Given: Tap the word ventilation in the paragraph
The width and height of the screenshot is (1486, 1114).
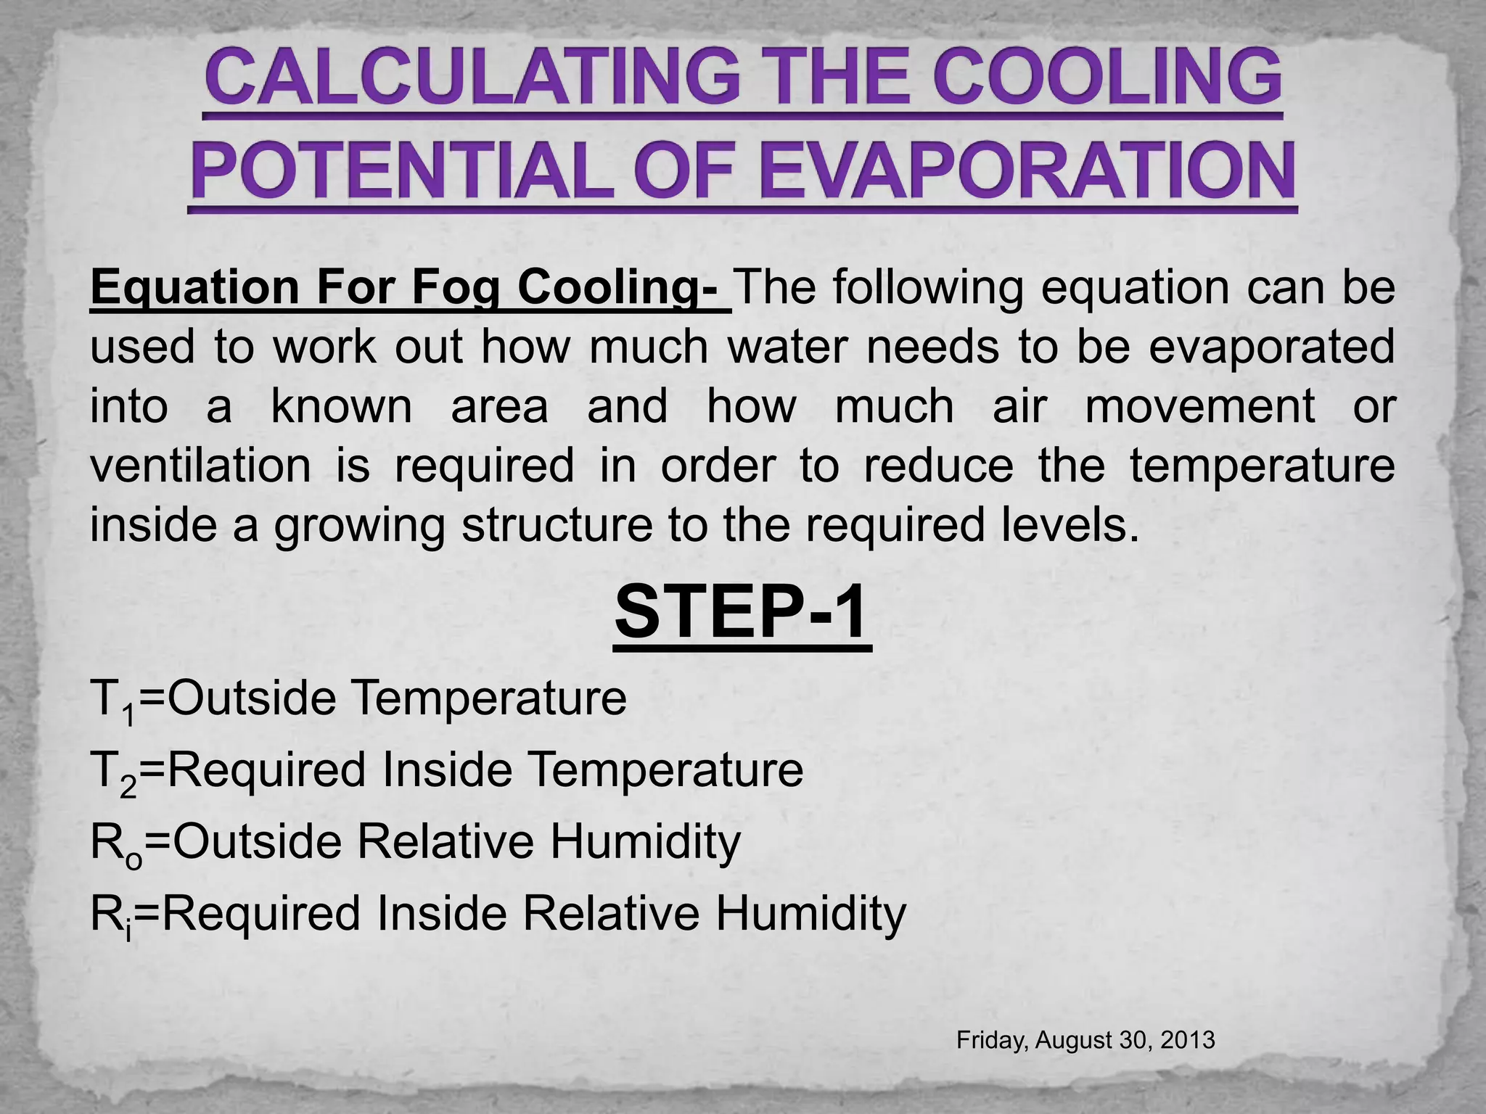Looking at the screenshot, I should (x=200, y=466).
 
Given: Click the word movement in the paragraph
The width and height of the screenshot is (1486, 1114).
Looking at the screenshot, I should (x=1199, y=406).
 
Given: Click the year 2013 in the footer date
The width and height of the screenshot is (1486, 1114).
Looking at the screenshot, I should (x=1187, y=1040).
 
